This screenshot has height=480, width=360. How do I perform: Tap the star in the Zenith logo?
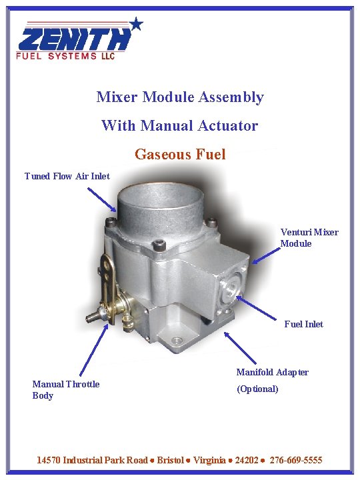click(136, 24)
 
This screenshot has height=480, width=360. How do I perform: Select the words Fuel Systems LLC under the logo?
click(66, 56)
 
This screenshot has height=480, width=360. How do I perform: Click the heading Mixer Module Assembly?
click(180, 97)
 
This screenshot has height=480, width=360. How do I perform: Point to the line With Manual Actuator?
click(179, 125)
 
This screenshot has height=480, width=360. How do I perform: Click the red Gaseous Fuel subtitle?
click(180, 155)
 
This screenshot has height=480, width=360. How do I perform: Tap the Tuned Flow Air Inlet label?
click(67, 176)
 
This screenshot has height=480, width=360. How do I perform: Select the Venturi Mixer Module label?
click(309, 237)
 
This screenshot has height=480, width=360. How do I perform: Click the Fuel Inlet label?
click(303, 324)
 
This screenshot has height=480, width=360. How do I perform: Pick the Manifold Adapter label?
click(272, 372)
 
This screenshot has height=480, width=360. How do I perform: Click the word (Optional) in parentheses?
click(257, 389)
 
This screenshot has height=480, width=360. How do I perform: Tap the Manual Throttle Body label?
click(66, 389)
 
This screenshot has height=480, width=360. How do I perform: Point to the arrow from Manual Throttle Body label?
click(93, 350)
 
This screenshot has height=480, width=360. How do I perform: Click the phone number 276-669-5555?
click(296, 461)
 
